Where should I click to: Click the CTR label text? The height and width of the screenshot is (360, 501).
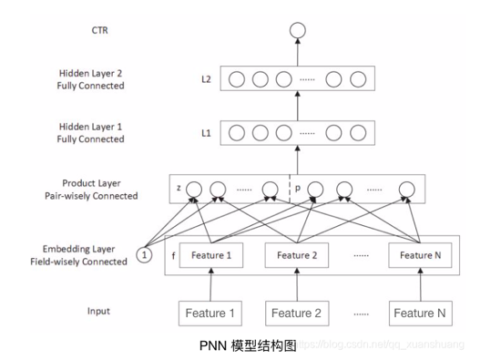(100, 31)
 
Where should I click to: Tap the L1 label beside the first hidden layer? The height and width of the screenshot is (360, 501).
(206, 133)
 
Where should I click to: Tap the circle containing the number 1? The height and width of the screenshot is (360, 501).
(144, 256)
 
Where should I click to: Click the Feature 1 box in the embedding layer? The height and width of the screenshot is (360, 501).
(210, 256)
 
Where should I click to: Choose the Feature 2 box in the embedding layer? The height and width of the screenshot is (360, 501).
(296, 256)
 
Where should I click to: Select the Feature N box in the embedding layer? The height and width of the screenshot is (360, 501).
(419, 256)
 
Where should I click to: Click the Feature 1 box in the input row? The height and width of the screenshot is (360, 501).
(210, 314)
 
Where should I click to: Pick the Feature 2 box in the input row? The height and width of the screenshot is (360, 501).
(296, 314)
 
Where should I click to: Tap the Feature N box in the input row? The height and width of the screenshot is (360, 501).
(419, 314)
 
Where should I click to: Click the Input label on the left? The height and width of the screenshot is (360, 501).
(99, 311)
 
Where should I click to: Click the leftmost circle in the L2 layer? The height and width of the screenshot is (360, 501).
(237, 80)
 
